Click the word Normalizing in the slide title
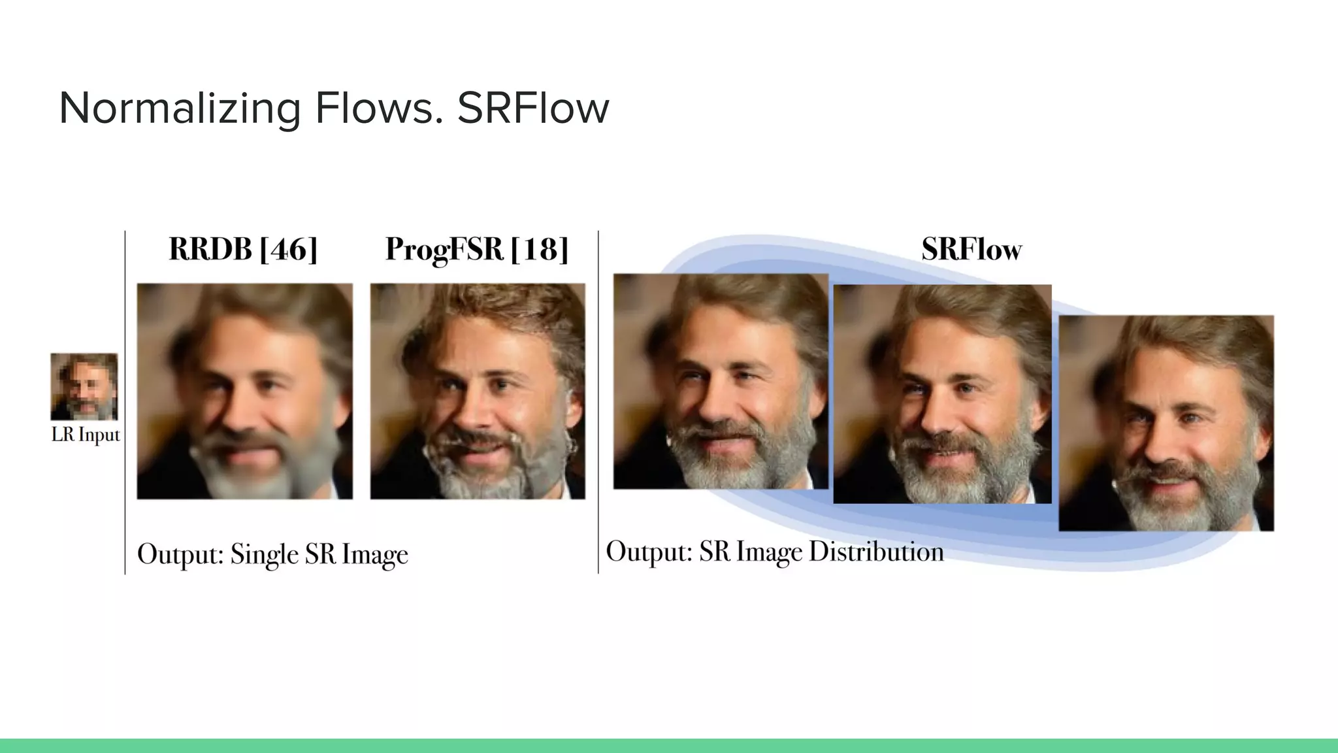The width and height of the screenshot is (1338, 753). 180,109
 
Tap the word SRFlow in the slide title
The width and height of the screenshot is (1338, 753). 532,109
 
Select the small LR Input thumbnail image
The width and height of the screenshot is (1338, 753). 84,386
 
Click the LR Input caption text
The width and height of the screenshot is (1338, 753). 86,435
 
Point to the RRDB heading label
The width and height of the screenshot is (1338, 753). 210,249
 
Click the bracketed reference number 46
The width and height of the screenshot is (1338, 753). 288,249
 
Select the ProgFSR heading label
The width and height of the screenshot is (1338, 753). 444,249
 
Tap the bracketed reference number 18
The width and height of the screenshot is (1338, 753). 540,249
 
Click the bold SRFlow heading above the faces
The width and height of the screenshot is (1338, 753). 971,249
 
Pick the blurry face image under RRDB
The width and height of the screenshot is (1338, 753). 245,391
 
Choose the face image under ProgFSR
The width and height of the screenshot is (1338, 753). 478,391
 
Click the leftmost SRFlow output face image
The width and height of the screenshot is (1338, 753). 721,381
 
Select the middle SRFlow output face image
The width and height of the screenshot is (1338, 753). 942,394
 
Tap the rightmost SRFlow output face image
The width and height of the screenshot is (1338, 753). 1166,423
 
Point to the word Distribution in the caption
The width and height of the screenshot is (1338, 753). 876,552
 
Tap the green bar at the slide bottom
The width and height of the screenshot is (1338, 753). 669,746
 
